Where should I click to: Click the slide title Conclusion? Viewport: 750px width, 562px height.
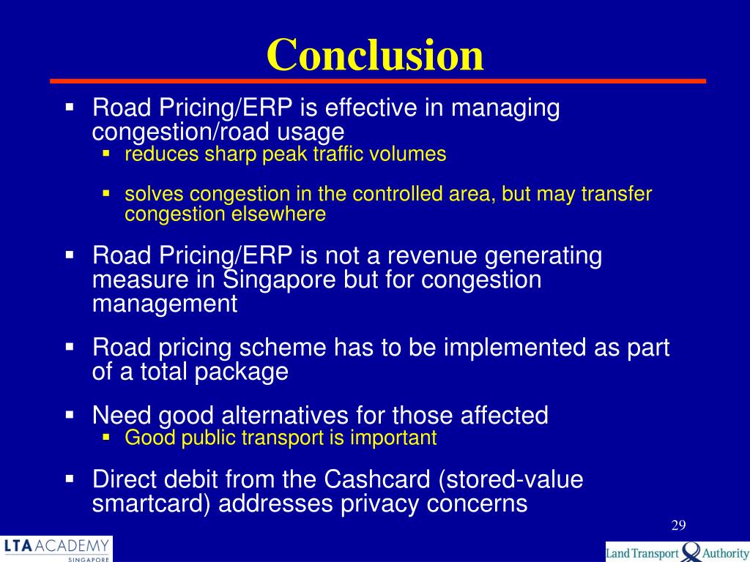tap(375, 55)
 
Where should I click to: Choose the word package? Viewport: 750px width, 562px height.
tap(241, 372)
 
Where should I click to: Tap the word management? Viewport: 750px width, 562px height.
tap(165, 304)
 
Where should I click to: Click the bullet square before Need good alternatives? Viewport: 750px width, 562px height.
tap(70, 415)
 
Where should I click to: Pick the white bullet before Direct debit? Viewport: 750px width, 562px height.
tap(70, 479)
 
